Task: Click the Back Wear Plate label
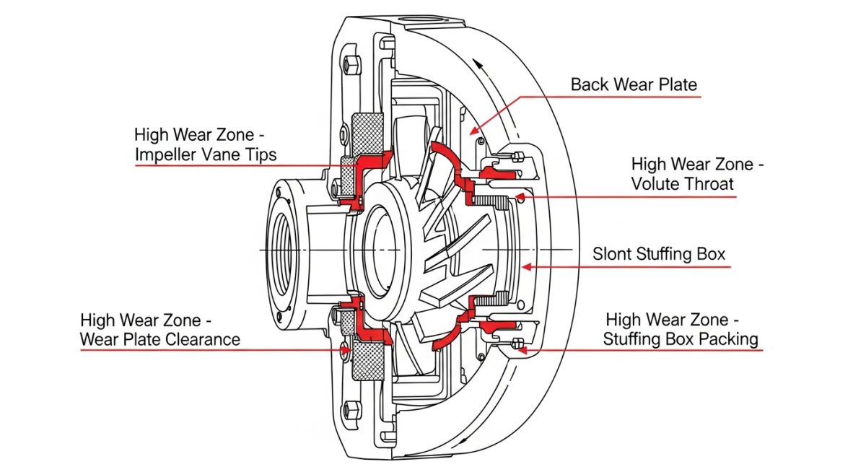click(x=634, y=84)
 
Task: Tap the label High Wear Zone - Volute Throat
click(x=696, y=174)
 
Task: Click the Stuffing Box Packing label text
click(x=681, y=338)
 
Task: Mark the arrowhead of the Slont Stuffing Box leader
click(x=525, y=266)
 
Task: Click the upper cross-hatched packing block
click(x=367, y=133)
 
